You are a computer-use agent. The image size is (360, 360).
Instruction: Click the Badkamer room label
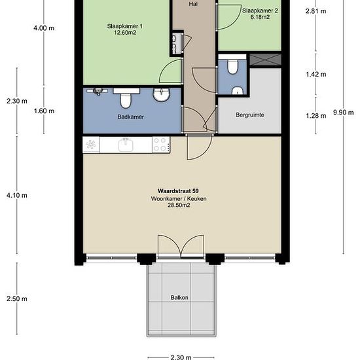coord(131,117)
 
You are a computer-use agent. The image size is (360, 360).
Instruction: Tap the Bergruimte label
coord(250,115)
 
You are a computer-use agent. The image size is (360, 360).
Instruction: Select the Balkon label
coord(179,298)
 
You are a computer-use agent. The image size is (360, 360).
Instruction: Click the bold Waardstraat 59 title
coord(178,191)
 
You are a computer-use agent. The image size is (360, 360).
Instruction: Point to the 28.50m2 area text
coord(179,206)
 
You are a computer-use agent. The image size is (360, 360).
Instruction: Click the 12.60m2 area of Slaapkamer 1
coord(125,33)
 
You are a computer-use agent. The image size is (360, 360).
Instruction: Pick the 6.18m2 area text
coord(260,17)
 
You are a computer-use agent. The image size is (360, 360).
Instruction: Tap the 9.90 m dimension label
coord(344,113)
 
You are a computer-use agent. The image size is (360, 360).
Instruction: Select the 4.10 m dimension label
coord(17,196)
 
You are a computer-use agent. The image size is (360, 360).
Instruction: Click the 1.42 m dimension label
coord(316,75)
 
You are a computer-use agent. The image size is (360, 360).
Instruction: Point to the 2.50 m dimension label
coord(17,298)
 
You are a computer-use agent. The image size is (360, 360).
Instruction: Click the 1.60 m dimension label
coord(44,111)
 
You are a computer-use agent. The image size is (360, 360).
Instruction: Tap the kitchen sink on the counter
coord(126,145)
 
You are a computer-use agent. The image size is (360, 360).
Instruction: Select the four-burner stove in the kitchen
coord(161,145)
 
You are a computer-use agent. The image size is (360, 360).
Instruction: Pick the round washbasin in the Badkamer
coord(162,95)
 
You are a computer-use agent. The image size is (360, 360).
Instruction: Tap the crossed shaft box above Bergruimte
coord(265,60)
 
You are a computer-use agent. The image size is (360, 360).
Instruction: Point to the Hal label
coord(193,4)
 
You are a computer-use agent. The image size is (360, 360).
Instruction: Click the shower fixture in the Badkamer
coord(98,92)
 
